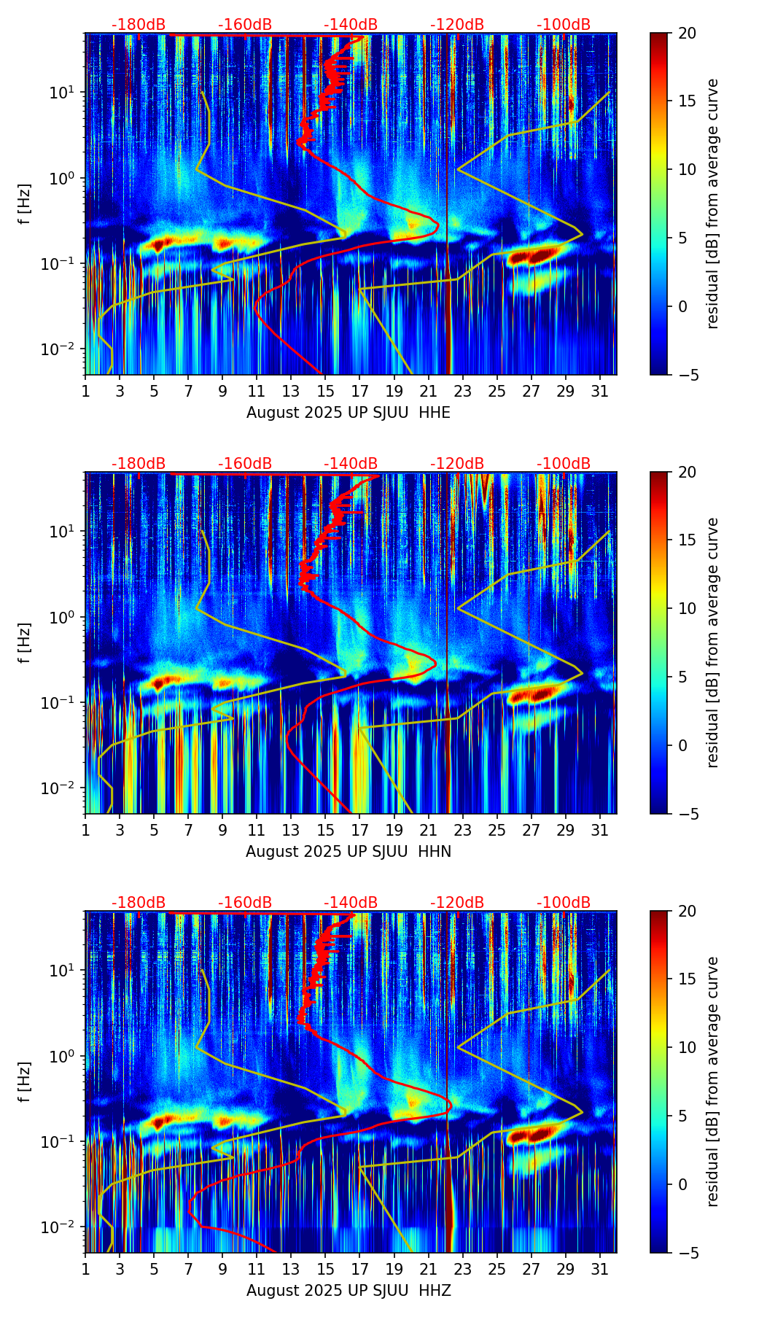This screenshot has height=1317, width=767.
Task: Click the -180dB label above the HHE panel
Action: [139, 25]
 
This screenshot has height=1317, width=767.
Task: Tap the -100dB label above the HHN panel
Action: [564, 464]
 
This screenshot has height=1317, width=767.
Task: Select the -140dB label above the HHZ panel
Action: [351, 903]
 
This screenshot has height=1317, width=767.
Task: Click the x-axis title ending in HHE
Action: [349, 413]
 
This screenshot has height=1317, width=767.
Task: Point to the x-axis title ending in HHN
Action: [349, 852]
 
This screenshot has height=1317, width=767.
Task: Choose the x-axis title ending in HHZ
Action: [349, 1291]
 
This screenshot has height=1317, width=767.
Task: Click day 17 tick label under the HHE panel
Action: [360, 391]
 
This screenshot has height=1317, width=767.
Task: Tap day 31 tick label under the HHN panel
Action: [600, 830]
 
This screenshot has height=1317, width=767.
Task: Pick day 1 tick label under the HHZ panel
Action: [86, 1269]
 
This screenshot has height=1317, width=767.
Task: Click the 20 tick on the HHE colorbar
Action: [687, 33]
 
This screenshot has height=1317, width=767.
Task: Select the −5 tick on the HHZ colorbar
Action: [687, 1253]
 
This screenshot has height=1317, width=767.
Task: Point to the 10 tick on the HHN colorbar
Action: [687, 608]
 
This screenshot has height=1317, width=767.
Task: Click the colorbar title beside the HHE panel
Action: [712, 203]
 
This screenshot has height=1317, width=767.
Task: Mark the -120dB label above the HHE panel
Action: [457, 25]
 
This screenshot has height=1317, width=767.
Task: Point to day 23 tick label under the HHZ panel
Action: [463, 1269]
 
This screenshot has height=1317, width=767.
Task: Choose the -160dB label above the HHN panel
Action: [245, 464]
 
